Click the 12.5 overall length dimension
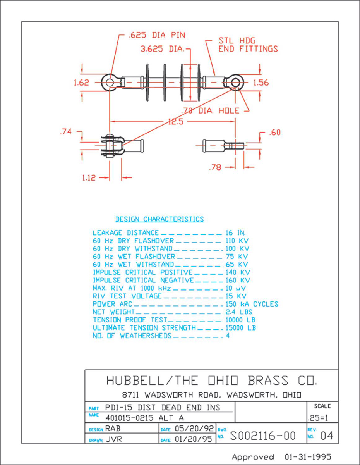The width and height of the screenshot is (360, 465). tap(175, 122)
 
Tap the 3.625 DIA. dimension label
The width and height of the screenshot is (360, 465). tap(163, 49)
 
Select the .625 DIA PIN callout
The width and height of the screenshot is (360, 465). tap(157, 35)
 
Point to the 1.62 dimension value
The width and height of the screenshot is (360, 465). tap(81, 83)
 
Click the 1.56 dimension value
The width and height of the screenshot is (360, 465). tap(261, 83)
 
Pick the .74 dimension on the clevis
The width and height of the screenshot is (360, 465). tap(66, 132)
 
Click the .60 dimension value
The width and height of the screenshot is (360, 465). tap(275, 133)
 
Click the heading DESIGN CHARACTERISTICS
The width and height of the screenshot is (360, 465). tap(160, 219)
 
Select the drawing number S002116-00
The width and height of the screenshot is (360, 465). tap(263, 436)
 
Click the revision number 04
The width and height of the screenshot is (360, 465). tap(326, 436)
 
